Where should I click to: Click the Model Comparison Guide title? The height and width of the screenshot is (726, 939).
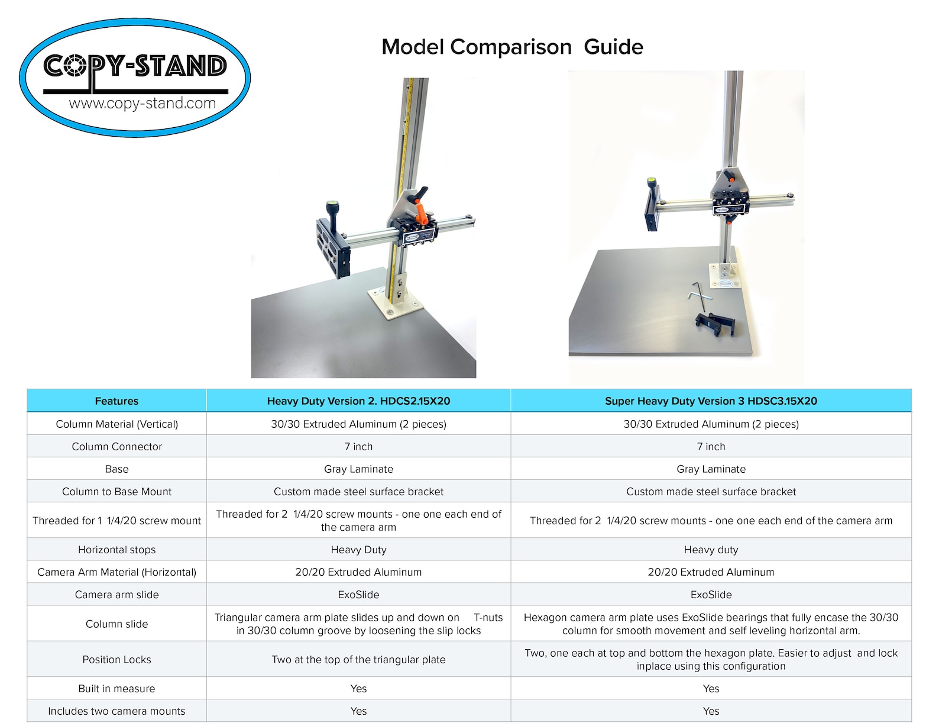coord(512,47)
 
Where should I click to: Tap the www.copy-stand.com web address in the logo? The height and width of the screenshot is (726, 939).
coord(142,104)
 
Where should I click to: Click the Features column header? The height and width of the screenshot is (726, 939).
coord(116,401)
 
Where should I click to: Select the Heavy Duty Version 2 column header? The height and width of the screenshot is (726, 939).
coord(358,401)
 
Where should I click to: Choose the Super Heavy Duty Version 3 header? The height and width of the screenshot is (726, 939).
coord(711,401)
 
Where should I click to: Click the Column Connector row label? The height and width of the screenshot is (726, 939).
coord(116,446)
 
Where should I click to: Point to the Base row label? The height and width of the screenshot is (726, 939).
coord(116,469)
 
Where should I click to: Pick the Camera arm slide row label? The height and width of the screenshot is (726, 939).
coord(116,595)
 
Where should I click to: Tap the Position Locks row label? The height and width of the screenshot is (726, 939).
coord(116,659)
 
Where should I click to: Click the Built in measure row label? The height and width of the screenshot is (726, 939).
coord(116,688)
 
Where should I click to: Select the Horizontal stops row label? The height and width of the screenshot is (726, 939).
coord(116,550)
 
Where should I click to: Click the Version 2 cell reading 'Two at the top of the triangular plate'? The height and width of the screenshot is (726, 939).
coord(358,659)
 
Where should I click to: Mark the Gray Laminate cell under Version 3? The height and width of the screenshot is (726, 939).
coord(711,469)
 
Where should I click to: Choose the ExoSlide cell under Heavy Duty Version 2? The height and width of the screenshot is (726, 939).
coord(358,595)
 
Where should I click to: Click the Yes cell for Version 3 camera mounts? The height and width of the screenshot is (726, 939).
coord(711,711)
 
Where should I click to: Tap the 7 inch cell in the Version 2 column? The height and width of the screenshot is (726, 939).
coord(358,446)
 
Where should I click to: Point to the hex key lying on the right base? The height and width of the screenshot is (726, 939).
coord(699,296)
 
